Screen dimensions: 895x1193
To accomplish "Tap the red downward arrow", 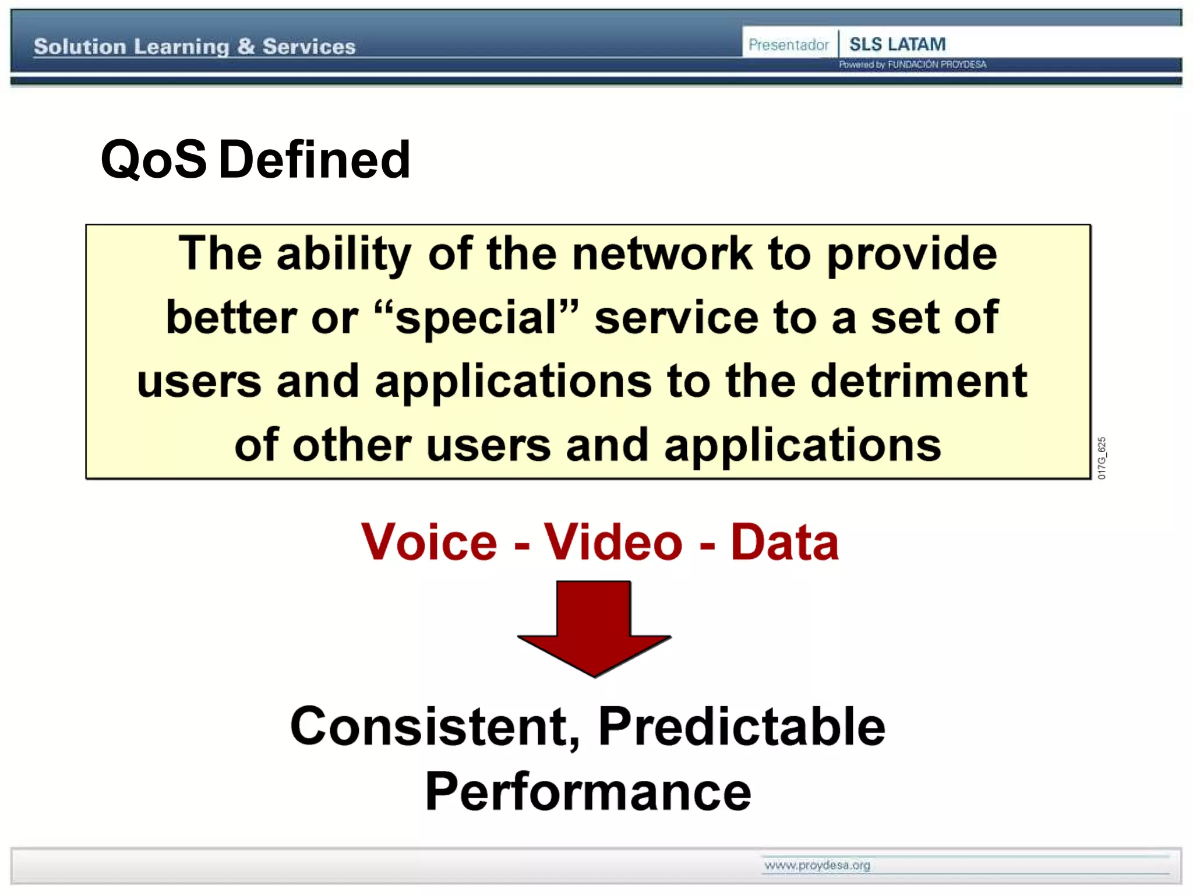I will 594,626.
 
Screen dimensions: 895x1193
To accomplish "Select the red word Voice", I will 429,542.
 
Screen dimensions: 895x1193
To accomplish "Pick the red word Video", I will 613,542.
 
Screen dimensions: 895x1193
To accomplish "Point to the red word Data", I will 784,542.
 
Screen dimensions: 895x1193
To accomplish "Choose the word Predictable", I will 742,727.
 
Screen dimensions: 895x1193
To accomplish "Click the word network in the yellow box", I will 662,255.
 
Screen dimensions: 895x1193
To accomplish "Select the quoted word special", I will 477,318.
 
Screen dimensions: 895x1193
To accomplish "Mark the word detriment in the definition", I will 919,382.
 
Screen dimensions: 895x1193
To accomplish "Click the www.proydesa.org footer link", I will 817,865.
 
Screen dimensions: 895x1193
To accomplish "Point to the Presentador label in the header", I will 788,45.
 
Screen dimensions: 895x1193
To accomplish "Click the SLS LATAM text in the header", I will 897,44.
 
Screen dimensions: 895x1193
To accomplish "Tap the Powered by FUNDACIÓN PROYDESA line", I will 912,65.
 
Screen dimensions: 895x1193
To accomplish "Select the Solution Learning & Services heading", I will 195,47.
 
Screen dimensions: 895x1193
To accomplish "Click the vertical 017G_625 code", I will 1101,458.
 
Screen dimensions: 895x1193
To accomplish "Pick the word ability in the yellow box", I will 344,255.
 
